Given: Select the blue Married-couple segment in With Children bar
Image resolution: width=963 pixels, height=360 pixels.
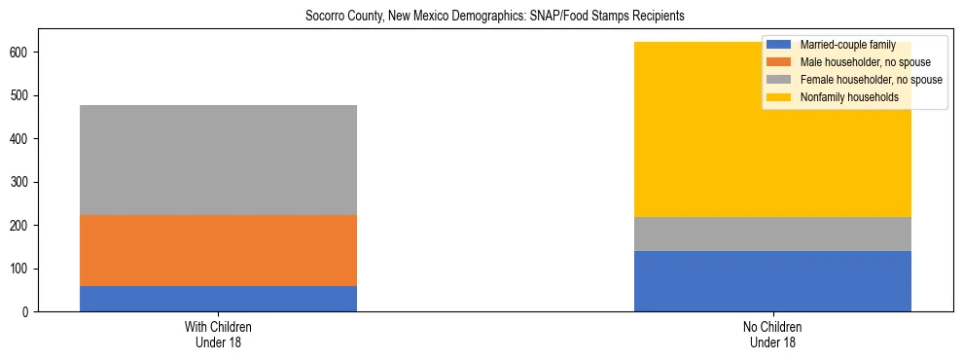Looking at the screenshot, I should tap(218, 299).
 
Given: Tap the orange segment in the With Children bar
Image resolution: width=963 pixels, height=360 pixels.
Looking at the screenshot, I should tap(218, 251).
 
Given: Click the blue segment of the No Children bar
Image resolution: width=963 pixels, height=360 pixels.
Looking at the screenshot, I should tap(772, 281).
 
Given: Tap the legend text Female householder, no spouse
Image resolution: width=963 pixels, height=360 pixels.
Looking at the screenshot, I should tap(871, 80).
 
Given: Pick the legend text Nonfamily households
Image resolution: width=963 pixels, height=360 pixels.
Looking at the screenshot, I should tap(848, 97).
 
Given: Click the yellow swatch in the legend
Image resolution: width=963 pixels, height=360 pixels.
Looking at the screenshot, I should tap(779, 97).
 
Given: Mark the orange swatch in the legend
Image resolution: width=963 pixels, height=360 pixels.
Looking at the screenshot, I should tap(779, 62).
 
